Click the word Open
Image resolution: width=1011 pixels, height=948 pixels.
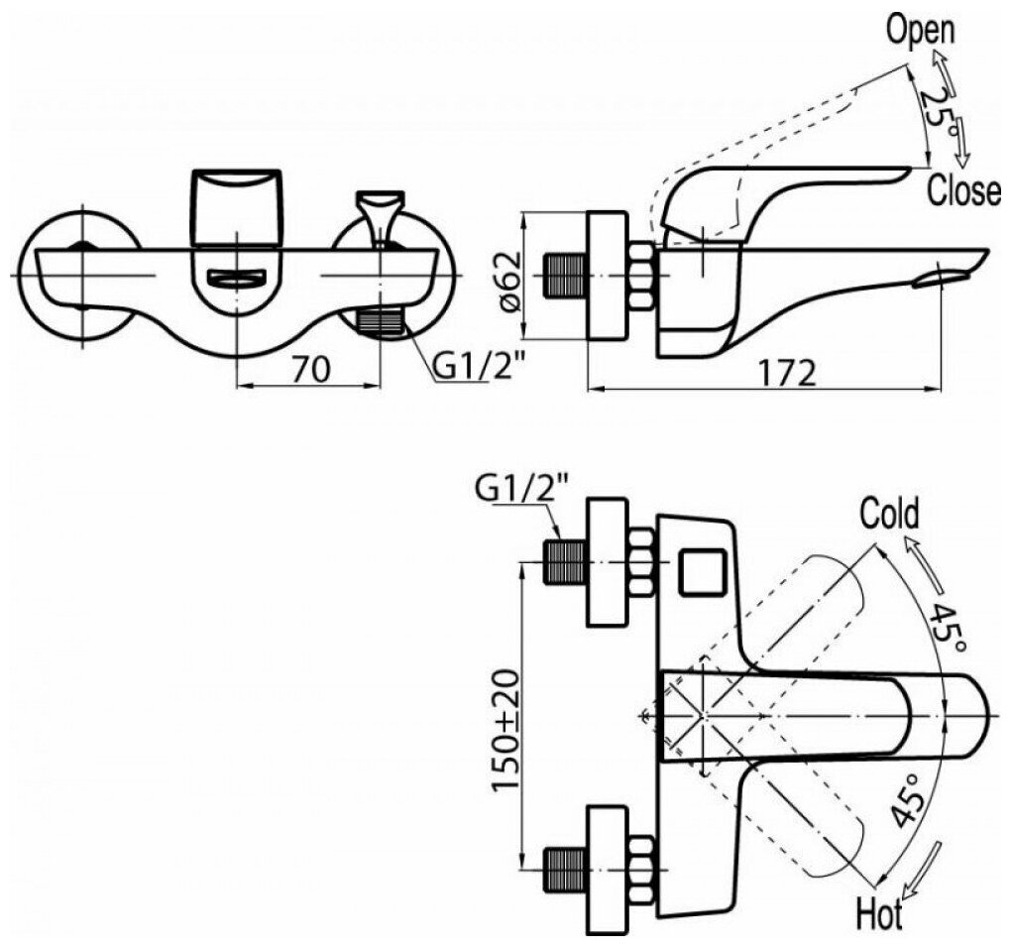click(x=920, y=30)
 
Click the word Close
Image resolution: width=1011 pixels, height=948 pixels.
click(x=963, y=190)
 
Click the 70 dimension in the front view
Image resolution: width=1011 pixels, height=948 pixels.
click(x=310, y=370)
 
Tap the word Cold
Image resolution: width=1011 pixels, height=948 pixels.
click(x=888, y=514)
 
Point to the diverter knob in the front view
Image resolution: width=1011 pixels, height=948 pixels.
click(x=379, y=215)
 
